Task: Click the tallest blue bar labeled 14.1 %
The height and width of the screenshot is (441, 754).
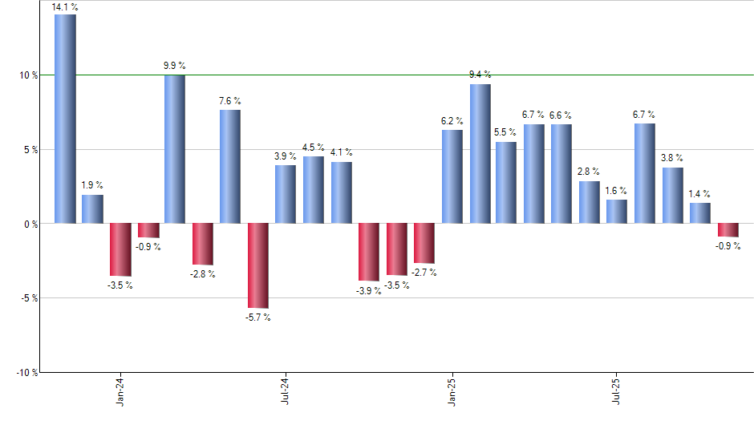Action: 65,119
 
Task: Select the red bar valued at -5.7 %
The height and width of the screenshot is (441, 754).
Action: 258,265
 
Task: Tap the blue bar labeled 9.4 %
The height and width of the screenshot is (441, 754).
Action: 480,153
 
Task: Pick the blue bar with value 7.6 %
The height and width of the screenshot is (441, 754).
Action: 230,166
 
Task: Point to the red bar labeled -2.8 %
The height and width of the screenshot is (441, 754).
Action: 203,244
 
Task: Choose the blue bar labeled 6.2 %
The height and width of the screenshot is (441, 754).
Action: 452,176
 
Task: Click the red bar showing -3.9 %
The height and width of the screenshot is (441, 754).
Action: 369,252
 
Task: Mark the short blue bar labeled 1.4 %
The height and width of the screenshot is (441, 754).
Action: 700,212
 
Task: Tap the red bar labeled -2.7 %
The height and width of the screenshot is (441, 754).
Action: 424,243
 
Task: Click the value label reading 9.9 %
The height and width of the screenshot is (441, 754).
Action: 175,66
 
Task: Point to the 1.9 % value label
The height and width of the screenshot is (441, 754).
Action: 92,185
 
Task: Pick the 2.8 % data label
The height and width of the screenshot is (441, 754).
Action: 590,172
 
